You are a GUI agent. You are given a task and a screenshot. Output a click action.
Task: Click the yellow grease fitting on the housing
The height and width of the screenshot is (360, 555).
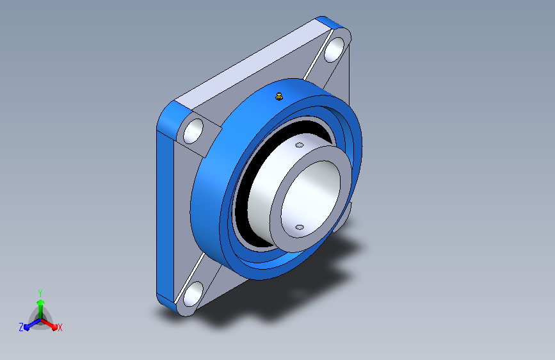pyautogui.click(x=279, y=96)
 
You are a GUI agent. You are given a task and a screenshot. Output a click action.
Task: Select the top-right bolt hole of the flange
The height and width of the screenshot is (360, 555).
pyautogui.click(x=334, y=49)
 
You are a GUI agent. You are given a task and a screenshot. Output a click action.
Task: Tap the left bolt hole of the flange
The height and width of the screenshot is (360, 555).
pyautogui.click(x=193, y=131)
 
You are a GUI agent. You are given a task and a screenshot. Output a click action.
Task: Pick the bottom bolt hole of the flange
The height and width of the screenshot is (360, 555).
pyautogui.click(x=193, y=294)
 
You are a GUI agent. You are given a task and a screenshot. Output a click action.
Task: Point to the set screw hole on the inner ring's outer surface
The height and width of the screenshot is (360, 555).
pyautogui.click(x=300, y=145)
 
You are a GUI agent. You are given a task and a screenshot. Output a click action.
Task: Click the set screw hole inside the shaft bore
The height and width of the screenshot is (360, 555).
pyautogui.click(x=300, y=227)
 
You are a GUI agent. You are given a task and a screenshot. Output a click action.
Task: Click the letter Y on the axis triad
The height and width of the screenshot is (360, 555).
pyautogui.click(x=40, y=293)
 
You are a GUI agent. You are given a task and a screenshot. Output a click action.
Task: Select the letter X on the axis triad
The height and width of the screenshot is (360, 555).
pyautogui.click(x=60, y=327)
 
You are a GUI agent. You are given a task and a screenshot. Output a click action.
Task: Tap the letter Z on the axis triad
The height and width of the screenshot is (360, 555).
pyautogui.click(x=21, y=327)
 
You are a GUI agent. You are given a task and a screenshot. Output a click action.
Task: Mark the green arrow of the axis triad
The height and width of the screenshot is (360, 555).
pyautogui.click(x=40, y=309)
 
